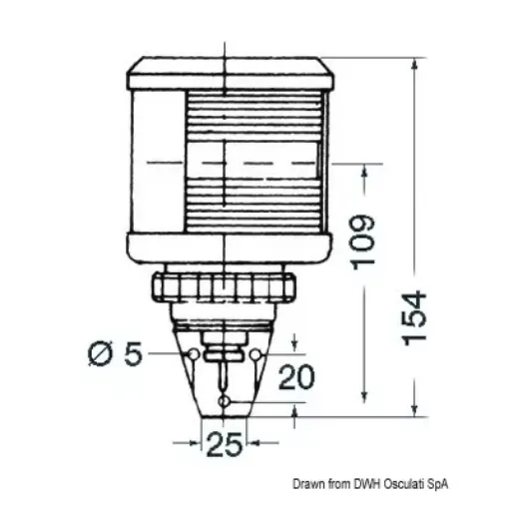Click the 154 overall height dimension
(414, 318)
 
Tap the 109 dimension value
(363, 242)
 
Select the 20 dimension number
(296, 376)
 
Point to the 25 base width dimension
(224, 444)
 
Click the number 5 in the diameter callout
(134, 353)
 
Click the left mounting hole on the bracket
(194, 354)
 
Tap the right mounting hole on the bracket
(255, 354)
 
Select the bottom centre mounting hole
(224, 402)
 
